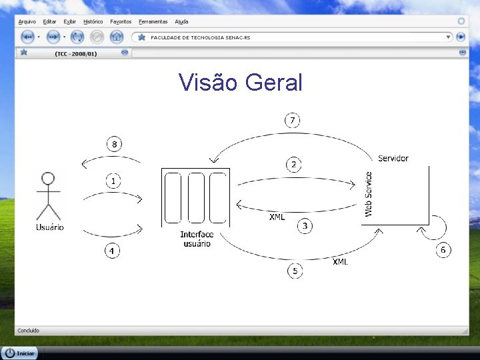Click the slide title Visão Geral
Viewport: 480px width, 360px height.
click(240, 83)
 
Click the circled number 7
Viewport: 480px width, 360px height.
click(292, 121)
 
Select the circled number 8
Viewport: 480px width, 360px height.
click(114, 144)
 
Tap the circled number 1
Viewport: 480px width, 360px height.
click(114, 181)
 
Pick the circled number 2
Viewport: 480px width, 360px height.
click(293, 164)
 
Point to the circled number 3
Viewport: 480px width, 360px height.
click(305, 226)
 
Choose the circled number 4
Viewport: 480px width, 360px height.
click(113, 251)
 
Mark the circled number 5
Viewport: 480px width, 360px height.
click(295, 271)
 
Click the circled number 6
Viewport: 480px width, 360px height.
click(443, 250)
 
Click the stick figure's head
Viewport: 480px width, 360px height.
click(48, 178)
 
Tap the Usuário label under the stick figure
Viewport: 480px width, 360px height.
click(49, 227)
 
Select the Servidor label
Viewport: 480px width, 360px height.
click(393, 158)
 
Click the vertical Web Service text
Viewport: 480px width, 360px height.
click(369, 194)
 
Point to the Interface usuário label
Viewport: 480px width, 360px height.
click(197, 239)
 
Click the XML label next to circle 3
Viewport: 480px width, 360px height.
click(277, 217)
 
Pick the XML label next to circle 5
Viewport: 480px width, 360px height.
click(340, 261)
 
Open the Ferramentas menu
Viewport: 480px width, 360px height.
click(153, 22)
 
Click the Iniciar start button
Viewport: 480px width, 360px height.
click(20, 353)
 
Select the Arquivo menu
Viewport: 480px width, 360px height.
click(27, 22)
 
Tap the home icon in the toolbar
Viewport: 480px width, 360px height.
click(116, 37)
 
